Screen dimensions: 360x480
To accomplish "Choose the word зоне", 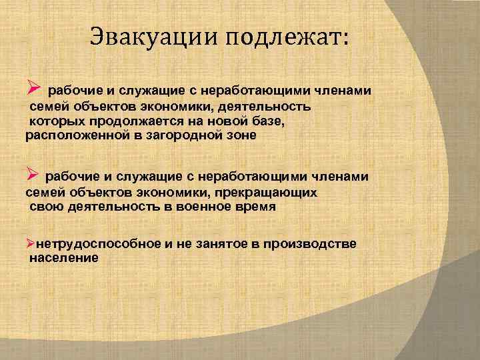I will pyautogui.click(x=240, y=135).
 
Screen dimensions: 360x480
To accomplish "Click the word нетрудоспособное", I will pyautogui.click(x=98, y=243).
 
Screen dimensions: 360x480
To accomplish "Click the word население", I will pyautogui.click(x=64, y=258).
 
